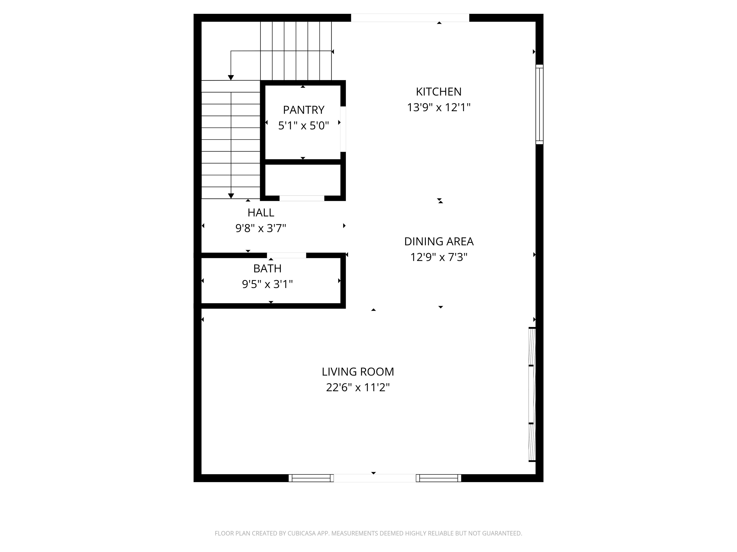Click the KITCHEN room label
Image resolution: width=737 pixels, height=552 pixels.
pos(439,92)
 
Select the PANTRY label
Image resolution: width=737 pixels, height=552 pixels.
pos(303,110)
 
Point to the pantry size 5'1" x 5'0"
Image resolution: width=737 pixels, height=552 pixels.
pos(303,126)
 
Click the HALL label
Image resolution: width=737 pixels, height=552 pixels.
pos(261,213)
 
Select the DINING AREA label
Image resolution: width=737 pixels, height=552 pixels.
pos(439,241)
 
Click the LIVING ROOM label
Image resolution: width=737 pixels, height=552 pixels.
pos(358,372)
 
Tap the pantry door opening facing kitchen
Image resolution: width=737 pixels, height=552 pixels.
pos(343,129)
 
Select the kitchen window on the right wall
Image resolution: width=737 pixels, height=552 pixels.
pos(539,104)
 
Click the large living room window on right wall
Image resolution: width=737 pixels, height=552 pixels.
pos(532,395)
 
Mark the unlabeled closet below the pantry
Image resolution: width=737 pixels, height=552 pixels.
pos(303,180)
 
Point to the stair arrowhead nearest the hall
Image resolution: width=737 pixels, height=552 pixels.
pos(231,196)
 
